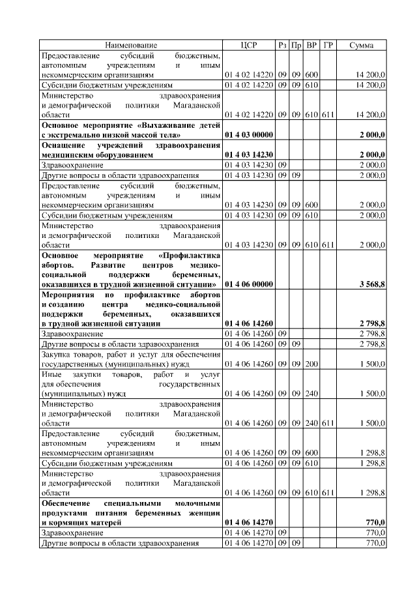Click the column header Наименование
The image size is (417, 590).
click(x=132, y=44)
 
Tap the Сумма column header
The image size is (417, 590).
click(x=362, y=44)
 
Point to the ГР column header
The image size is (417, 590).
click(x=329, y=44)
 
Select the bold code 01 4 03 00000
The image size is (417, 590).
click(x=249, y=134)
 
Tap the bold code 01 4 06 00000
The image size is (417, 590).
click(x=249, y=284)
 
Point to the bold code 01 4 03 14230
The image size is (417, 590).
click(x=249, y=155)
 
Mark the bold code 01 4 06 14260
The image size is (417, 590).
click(x=249, y=323)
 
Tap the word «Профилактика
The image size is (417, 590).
click(x=190, y=254)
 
